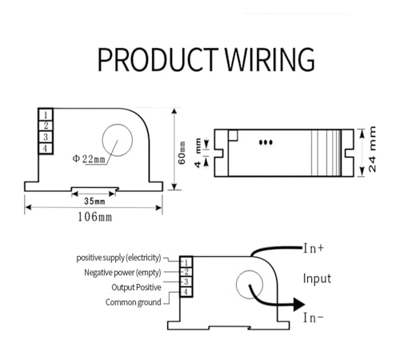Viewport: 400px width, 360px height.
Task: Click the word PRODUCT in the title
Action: coord(158,59)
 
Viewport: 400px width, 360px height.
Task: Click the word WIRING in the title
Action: coord(270,59)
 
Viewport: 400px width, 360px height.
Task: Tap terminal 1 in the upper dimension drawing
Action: coord(46,115)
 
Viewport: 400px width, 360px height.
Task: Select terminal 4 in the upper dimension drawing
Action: coord(46,148)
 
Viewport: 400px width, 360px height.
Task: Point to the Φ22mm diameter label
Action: coord(89,159)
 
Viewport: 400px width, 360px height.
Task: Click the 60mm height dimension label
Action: coord(182,153)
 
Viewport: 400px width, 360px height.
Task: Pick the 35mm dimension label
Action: coord(94,201)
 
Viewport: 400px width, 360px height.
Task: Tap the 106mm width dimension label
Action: coord(94,217)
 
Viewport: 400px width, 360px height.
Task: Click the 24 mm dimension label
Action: coord(372,149)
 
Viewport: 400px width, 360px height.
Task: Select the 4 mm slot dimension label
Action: coord(198,153)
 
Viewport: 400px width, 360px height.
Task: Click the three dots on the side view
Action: coord(266,142)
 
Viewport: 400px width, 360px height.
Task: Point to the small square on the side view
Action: coord(233,135)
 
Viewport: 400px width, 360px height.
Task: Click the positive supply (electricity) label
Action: coord(118,258)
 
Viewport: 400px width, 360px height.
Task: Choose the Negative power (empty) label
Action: coord(122,273)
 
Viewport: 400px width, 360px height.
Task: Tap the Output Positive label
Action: coord(136,287)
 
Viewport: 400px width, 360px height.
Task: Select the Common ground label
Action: coord(134,302)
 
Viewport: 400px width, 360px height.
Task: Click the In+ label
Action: coord(314,249)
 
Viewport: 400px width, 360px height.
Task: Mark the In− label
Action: coord(314,318)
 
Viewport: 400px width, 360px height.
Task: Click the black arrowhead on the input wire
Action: coord(299,304)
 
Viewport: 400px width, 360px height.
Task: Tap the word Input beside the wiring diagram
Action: coord(317,278)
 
